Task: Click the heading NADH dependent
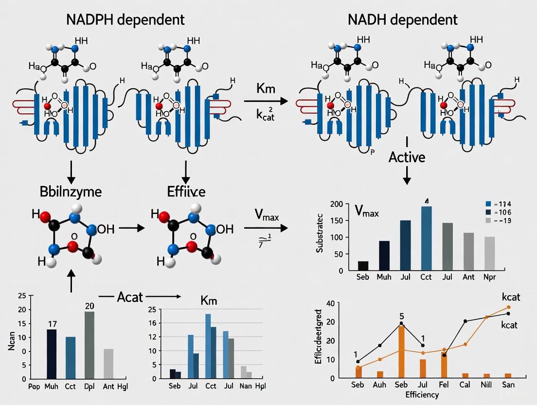402,19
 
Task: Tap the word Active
407,157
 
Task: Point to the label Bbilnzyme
71,191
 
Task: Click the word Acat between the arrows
130,297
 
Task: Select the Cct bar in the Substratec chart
426,238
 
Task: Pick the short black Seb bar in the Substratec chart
363,265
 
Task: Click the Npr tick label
490,277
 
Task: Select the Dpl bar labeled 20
89,345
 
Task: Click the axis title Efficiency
422,394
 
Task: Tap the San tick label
508,385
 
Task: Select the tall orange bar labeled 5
401,351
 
